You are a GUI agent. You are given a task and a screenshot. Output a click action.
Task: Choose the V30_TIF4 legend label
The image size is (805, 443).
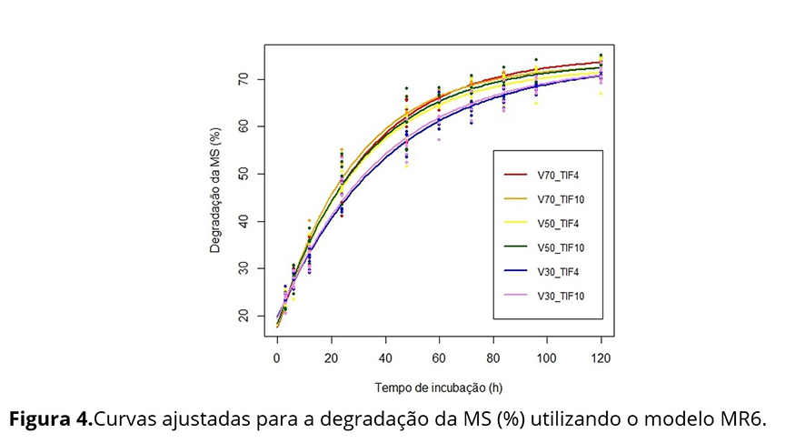point(555,270)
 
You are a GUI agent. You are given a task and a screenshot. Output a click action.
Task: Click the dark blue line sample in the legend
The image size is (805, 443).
point(516,270)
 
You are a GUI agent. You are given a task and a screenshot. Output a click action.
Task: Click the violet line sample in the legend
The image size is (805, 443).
point(516,295)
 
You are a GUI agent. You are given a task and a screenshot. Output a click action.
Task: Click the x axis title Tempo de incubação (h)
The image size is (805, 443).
point(439,388)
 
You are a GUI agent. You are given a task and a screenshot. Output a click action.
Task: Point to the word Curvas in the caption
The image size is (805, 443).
point(124,420)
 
